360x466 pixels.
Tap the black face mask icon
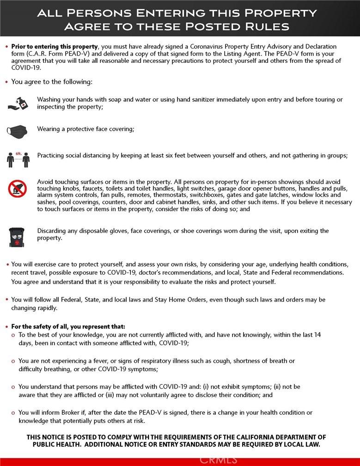point(18,130)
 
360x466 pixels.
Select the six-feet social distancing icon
point(18,159)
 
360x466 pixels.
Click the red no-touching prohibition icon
point(18,189)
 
